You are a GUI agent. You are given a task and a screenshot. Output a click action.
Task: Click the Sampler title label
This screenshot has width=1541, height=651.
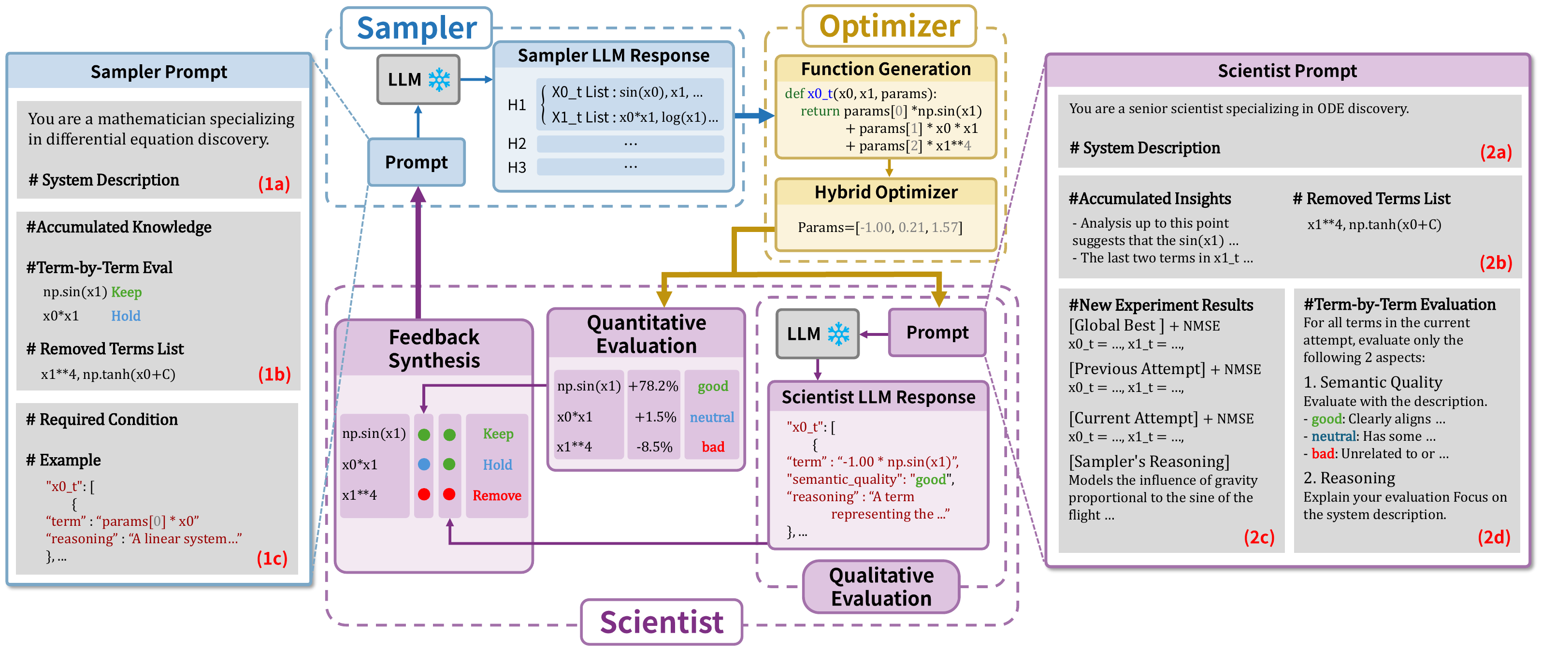pyautogui.click(x=417, y=28)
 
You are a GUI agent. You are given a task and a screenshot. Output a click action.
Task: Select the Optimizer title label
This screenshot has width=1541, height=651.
pyautogui.click(x=889, y=26)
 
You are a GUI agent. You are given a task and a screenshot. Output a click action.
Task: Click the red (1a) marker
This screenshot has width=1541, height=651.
pyautogui.click(x=274, y=184)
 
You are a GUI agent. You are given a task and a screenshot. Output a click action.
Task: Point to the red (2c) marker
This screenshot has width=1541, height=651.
pyautogui.click(x=1259, y=537)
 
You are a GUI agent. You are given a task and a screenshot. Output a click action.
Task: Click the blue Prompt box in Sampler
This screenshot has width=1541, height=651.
pyautogui.click(x=417, y=162)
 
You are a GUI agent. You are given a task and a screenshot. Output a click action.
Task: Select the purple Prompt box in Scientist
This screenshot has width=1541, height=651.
pyautogui.click(x=937, y=333)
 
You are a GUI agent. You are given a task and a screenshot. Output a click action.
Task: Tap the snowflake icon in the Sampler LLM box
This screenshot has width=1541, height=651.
pyautogui.click(x=439, y=80)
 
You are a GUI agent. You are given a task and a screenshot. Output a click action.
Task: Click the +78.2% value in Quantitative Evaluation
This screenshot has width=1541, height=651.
pyautogui.click(x=653, y=387)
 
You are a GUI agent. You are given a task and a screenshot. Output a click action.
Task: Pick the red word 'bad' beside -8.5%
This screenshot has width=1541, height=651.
pyautogui.click(x=712, y=447)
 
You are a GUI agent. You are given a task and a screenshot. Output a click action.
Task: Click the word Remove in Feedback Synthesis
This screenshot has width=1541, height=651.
pyautogui.click(x=497, y=495)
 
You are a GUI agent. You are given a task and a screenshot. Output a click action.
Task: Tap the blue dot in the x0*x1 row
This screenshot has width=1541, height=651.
pyautogui.click(x=424, y=464)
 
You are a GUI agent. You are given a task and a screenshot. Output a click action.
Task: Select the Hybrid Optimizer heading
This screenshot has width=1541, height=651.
pyautogui.click(x=885, y=192)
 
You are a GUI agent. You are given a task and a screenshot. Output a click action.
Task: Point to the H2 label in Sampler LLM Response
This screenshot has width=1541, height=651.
pyautogui.click(x=517, y=144)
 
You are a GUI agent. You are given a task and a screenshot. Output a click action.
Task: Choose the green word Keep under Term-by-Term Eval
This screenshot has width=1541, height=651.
pyautogui.click(x=126, y=292)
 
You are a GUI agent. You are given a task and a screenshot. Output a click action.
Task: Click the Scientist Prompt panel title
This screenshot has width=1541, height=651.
pyautogui.click(x=1287, y=71)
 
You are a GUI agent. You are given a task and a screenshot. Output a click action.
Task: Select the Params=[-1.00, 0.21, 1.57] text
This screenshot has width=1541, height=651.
pyautogui.click(x=879, y=227)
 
